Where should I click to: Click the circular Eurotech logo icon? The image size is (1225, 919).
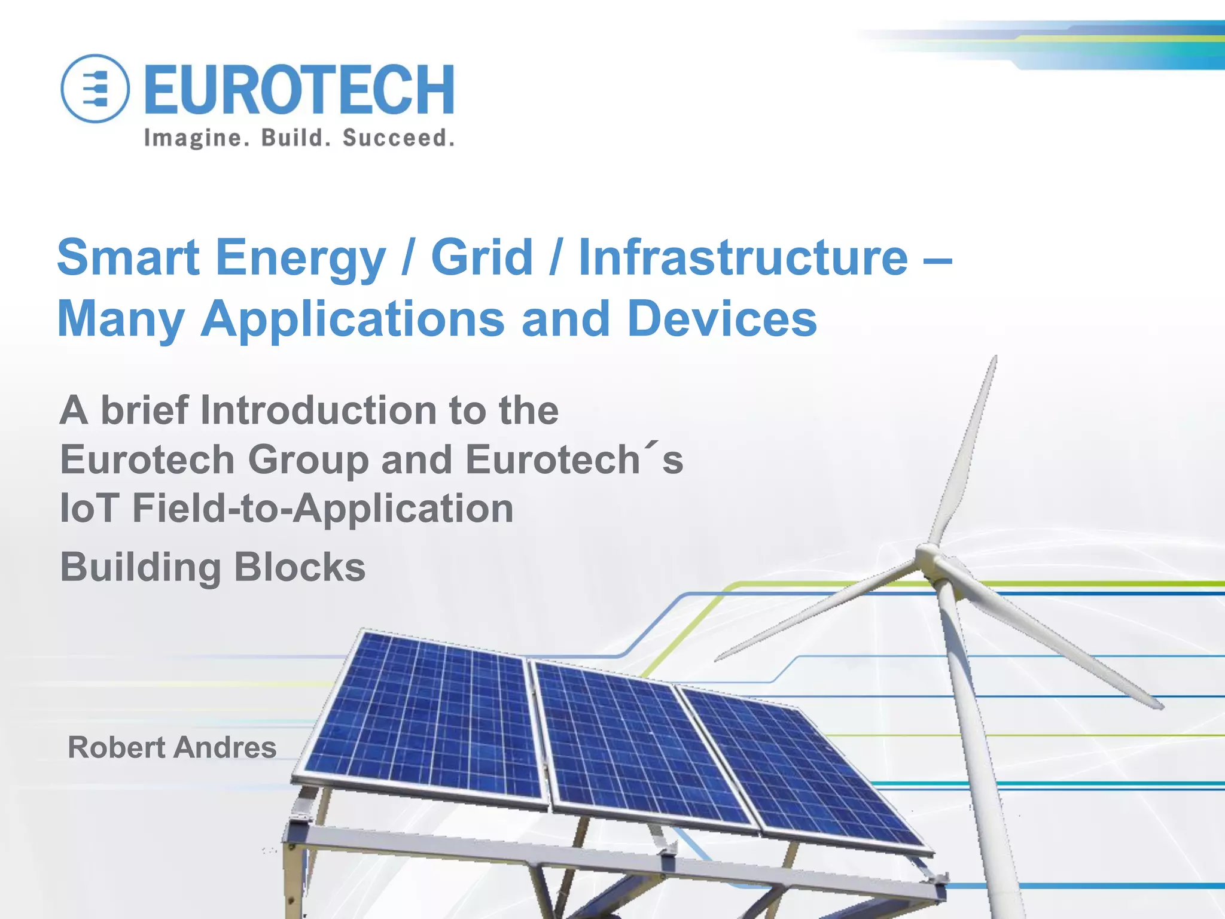point(95,89)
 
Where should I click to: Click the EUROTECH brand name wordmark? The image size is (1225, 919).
point(299,90)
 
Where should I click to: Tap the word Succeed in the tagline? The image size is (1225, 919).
point(398,138)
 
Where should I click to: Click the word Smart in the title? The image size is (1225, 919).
point(128,257)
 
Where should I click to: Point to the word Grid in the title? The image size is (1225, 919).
point(482,257)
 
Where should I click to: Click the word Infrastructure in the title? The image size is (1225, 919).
point(743,257)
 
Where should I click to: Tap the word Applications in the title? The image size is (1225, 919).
point(352,319)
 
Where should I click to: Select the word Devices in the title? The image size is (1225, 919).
point(722,318)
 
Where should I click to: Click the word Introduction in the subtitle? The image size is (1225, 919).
point(317,410)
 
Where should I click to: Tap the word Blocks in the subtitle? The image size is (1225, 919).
point(299,567)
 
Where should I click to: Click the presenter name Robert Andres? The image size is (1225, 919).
point(172,747)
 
